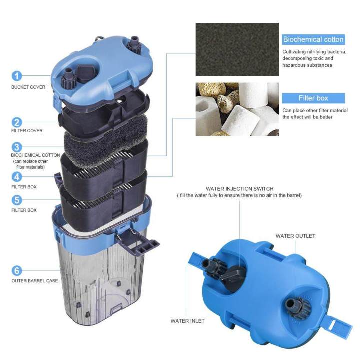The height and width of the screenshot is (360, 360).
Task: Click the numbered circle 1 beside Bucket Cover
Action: coord(17,76)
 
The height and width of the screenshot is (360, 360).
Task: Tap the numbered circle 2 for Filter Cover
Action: coord(17,122)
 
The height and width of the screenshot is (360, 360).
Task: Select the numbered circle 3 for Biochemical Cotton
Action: coord(17,147)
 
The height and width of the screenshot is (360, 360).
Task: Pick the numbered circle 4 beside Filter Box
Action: coord(17,176)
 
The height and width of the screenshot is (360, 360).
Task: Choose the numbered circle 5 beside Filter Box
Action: coord(17,200)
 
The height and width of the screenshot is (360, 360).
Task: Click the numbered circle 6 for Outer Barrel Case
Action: coord(17,270)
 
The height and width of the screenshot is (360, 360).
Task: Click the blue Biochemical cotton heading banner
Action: coord(313,39)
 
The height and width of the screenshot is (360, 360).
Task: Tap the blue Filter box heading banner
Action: coord(313,98)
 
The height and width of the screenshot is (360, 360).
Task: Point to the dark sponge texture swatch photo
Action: coord(237,49)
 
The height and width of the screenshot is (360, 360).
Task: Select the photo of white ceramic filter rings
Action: coord(237,109)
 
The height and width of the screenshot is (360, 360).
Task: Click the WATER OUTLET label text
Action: coord(295,236)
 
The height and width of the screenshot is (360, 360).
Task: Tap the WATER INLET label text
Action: coord(187,321)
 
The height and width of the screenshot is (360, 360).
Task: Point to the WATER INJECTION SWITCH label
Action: coord(239,189)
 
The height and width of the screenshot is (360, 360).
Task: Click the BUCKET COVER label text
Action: coord(28,87)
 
